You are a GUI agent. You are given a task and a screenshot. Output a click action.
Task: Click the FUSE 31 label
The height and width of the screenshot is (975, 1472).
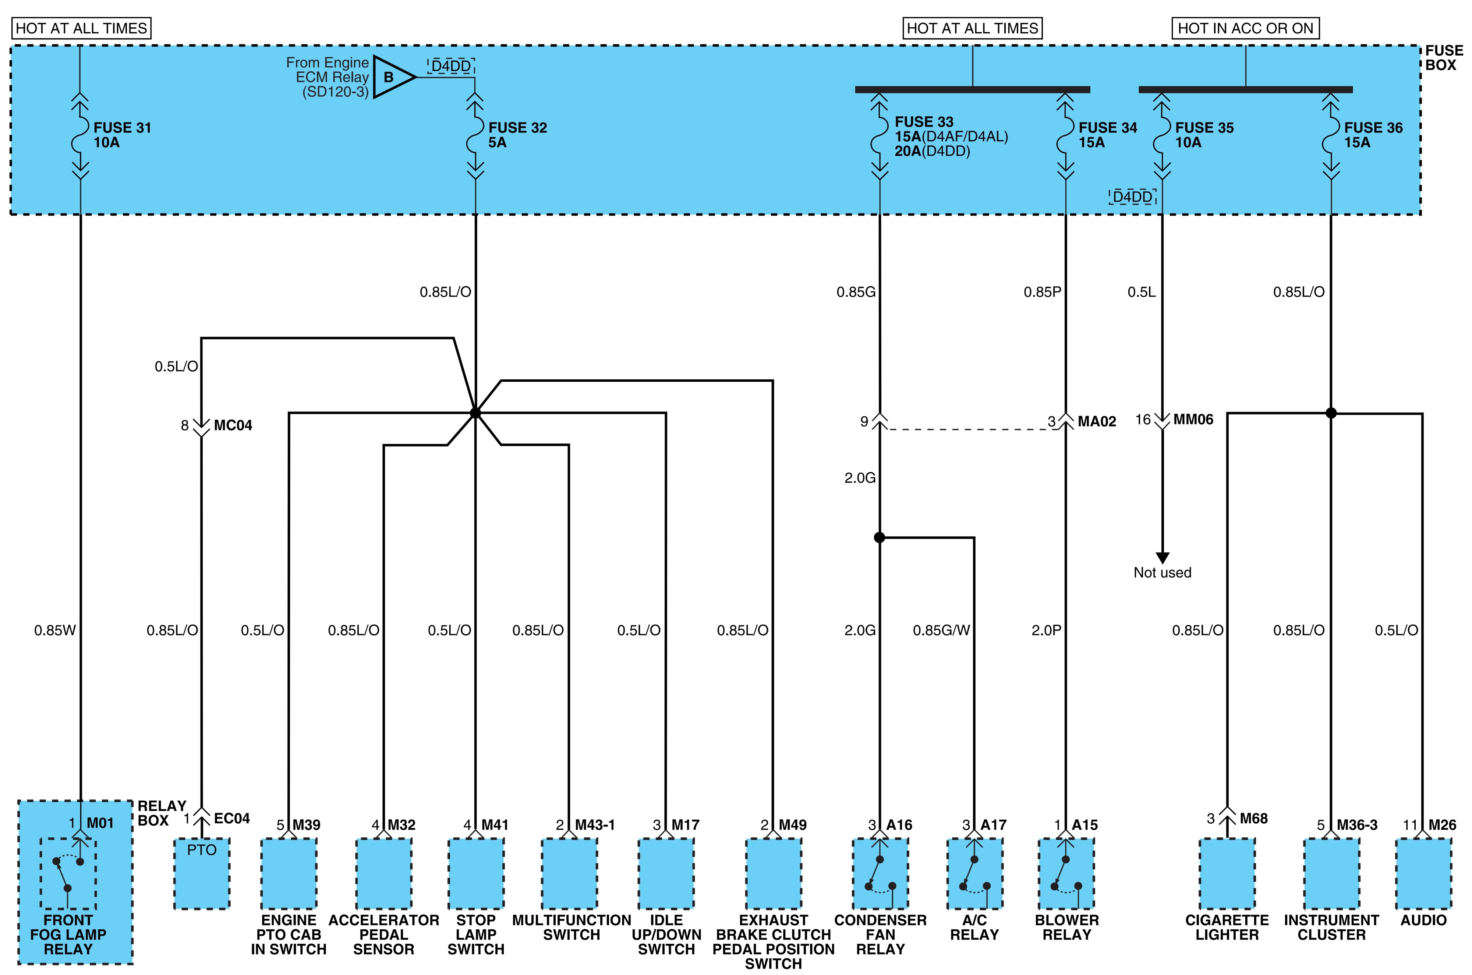coord(123,127)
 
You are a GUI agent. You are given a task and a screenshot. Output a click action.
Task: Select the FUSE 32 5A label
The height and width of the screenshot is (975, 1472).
coord(518,135)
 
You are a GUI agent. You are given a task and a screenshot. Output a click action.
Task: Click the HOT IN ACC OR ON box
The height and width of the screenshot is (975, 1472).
coord(1245,28)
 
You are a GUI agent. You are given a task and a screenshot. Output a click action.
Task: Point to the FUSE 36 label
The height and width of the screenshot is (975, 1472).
coord(1373,127)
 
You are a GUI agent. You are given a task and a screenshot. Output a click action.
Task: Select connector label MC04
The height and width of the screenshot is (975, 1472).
coord(233,425)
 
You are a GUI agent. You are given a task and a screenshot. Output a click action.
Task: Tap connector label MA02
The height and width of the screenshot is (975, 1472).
coord(1097,421)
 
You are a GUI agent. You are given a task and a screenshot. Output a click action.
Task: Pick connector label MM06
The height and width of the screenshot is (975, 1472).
coord(1193,420)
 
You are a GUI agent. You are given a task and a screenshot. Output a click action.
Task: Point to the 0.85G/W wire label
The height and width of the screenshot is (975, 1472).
coord(941,630)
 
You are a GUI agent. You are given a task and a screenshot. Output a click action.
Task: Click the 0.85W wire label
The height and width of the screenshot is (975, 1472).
coord(55,630)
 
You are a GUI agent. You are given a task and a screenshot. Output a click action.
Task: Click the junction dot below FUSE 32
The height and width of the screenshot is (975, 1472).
coord(475,413)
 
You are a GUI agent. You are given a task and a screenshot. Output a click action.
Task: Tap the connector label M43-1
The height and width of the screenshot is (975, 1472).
coord(595,825)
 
